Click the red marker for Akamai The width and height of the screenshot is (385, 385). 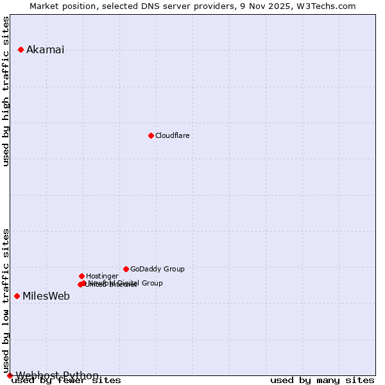(21, 49)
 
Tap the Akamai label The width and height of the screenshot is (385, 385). (45, 50)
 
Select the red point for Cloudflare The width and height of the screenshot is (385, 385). (151, 135)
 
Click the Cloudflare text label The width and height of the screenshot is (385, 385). (172, 135)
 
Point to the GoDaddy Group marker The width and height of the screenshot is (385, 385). (126, 269)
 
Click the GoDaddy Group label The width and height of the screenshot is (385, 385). (157, 269)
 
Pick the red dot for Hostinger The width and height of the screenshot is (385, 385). (81, 276)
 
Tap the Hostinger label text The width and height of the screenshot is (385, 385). (102, 276)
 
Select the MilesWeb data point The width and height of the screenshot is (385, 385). (17, 296)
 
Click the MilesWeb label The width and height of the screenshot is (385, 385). (46, 296)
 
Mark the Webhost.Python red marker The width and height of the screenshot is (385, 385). (10, 375)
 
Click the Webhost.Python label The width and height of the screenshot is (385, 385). (57, 375)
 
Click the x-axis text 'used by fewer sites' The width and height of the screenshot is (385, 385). (66, 381)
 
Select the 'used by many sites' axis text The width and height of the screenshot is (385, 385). (322, 381)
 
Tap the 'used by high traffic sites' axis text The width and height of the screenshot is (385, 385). (6, 91)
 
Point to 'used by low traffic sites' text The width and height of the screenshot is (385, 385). (6, 300)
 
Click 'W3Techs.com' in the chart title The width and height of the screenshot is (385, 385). (329, 6)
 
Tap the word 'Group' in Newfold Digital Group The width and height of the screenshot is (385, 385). (151, 283)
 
